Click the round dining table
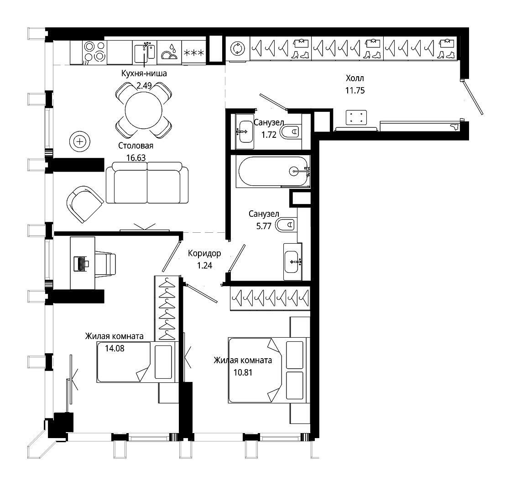143,110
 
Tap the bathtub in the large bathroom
273,172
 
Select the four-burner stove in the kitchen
94,52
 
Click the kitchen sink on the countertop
145,53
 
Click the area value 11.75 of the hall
355,90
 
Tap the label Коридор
204,253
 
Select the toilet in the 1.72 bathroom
290,132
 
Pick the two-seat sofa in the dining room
147,183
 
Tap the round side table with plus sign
79,141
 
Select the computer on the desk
82,264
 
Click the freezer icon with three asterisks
193,52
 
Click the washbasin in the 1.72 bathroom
244,132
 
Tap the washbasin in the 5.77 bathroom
292,262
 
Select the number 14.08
115,349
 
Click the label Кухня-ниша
144,73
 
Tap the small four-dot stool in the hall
356,118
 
